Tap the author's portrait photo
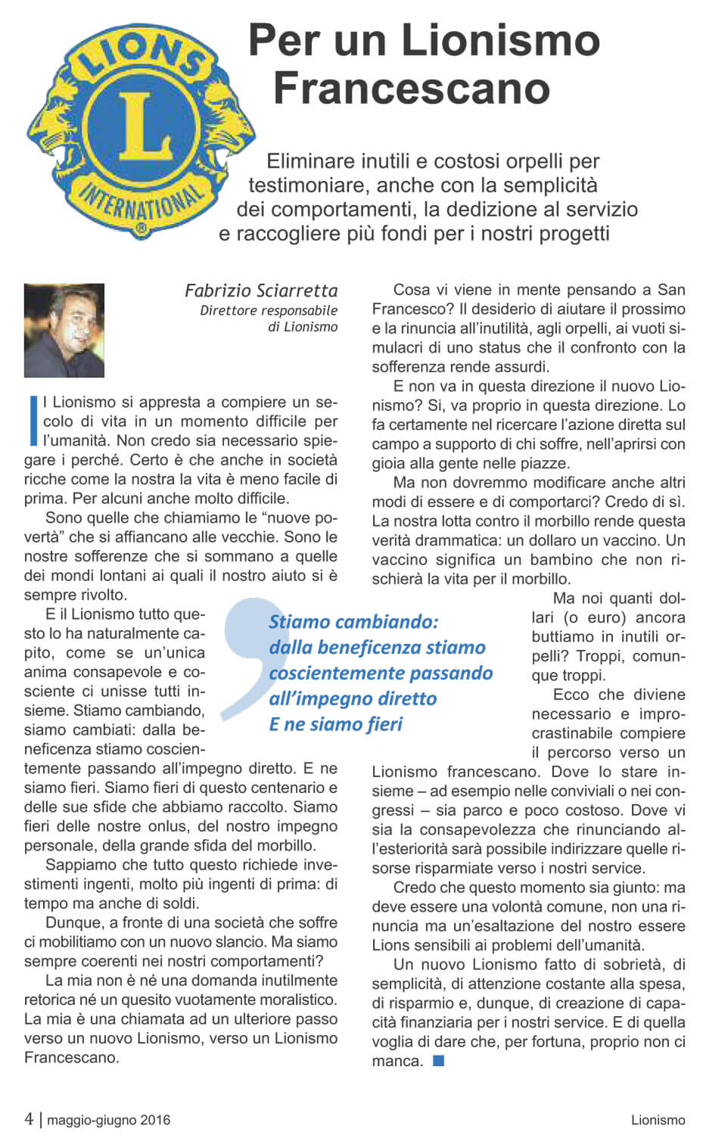(64, 330)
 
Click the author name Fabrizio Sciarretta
(261, 291)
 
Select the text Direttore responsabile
(269, 310)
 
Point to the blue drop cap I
(33, 420)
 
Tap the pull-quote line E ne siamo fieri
(335, 724)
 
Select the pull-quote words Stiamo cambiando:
(353, 622)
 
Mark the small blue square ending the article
(438, 1061)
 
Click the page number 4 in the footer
(29, 1119)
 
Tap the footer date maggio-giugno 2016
(109, 1120)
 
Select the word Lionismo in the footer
(658, 1120)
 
